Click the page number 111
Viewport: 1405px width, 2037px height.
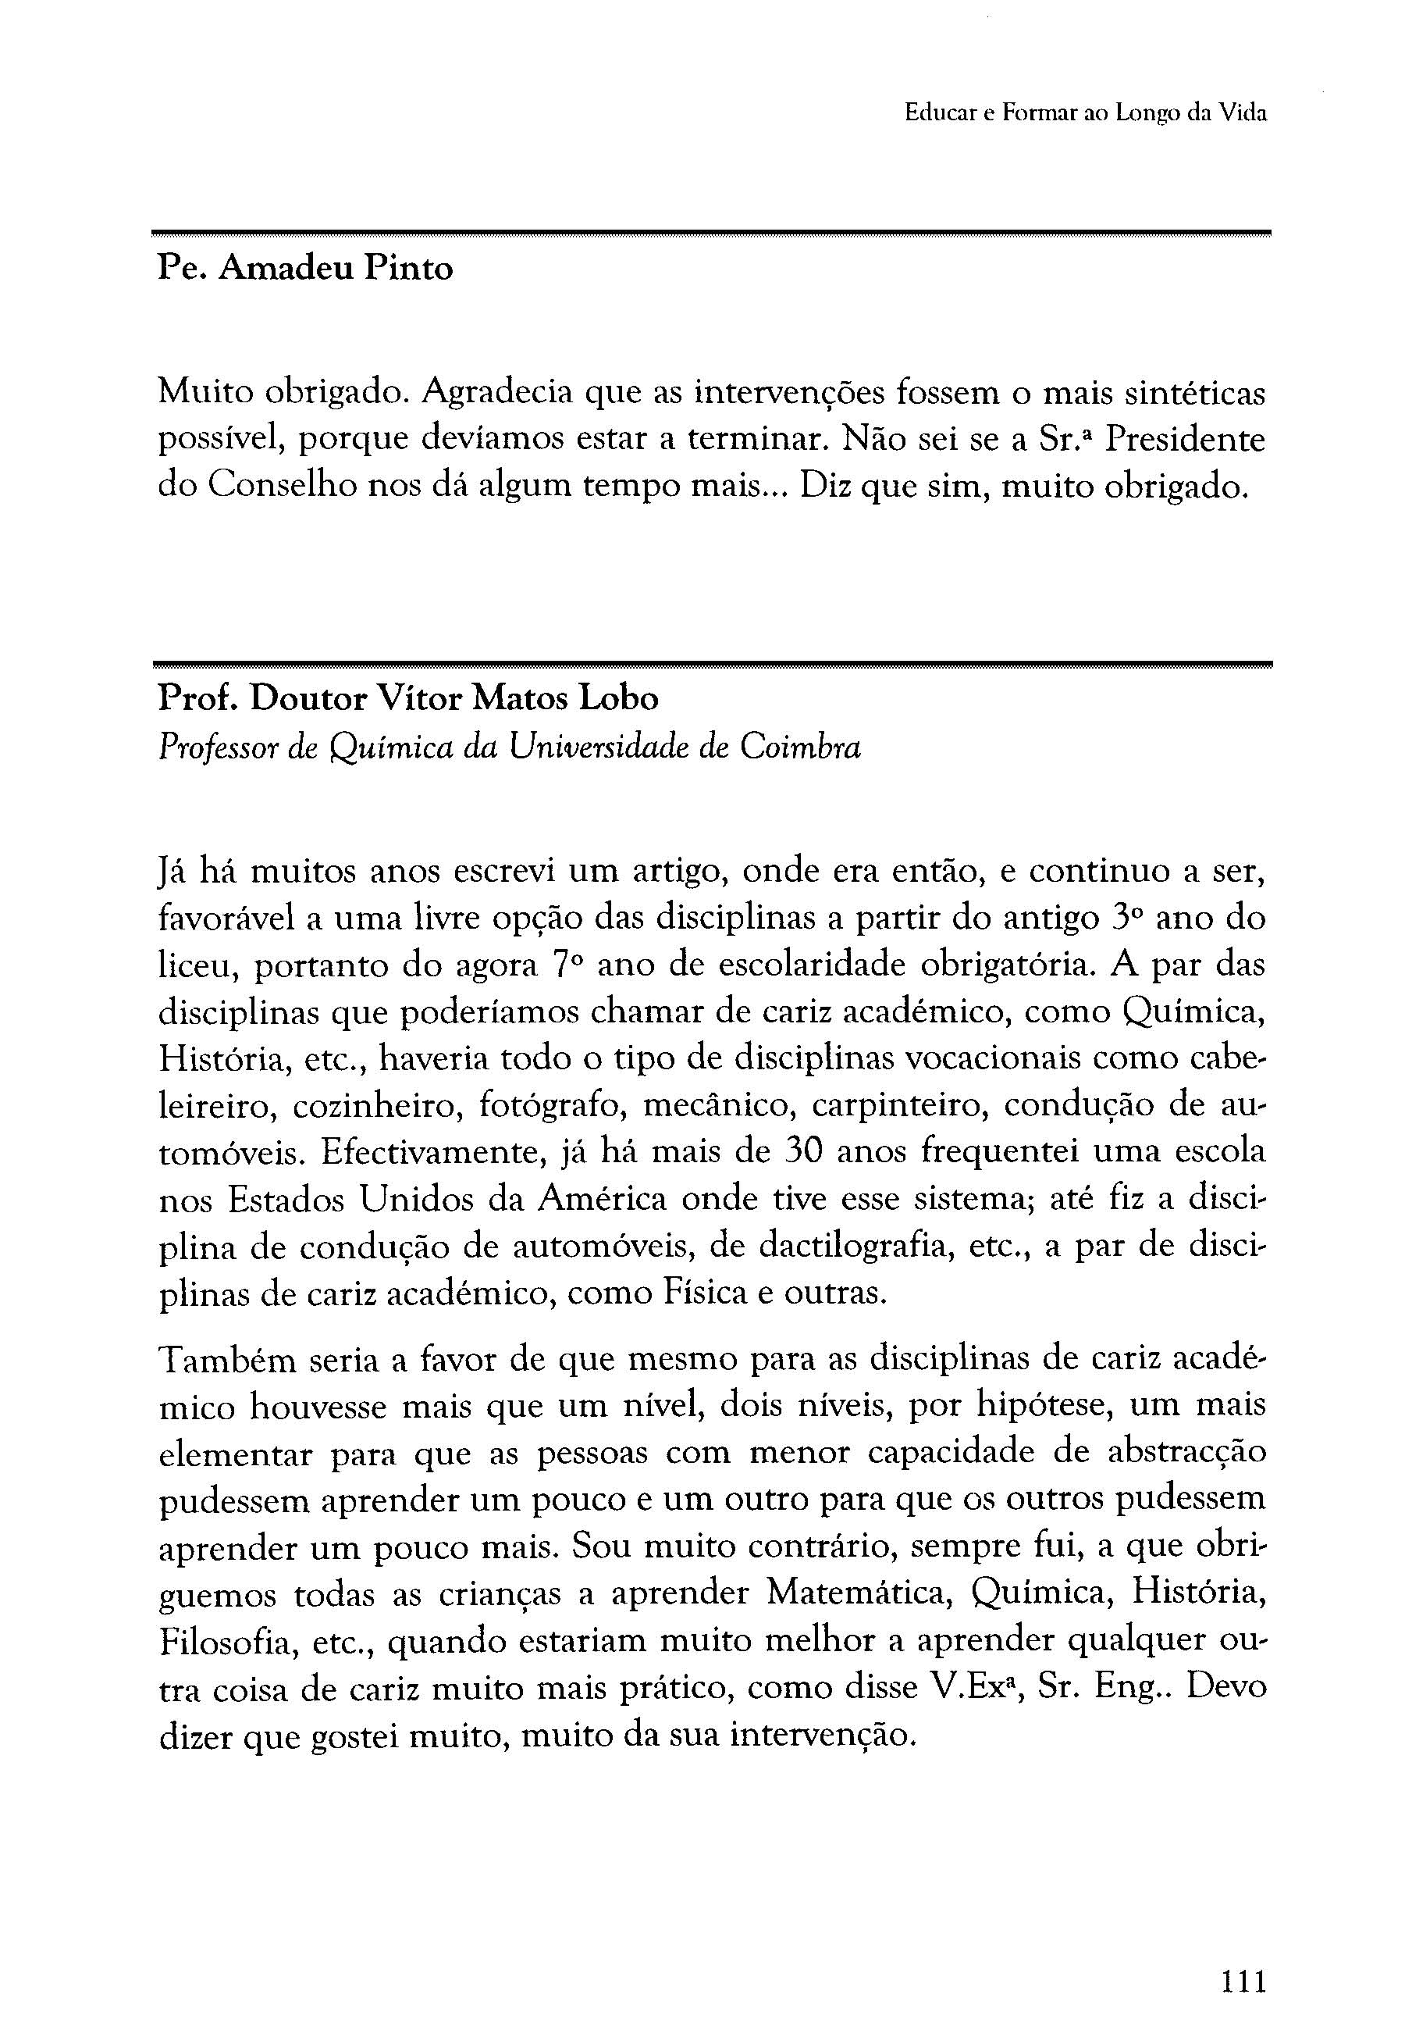1243,1956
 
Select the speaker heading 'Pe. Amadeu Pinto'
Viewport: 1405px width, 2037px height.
305,268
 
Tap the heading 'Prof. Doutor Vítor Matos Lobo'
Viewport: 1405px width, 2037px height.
407,698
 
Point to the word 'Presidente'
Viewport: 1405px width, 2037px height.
1185,439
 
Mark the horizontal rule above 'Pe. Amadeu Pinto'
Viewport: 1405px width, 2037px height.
711,234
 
